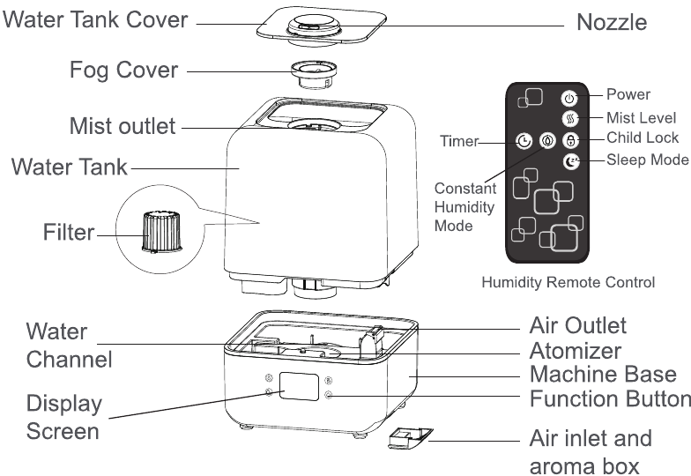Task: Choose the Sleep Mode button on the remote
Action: pyautogui.click(x=570, y=161)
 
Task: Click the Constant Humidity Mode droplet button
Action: pyautogui.click(x=547, y=140)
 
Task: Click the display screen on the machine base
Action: pyautogui.click(x=297, y=390)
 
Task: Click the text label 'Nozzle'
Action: pyautogui.click(x=611, y=22)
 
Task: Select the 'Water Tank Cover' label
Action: pyautogui.click(x=96, y=19)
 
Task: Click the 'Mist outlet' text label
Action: pyautogui.click(x=123, y=126)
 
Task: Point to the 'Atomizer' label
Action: pyautogui.click(x=575, y=350)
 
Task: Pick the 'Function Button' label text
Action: pyautogui.click(x=609, y=398)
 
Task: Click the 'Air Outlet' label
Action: pyautogui.click(x=577, y=325)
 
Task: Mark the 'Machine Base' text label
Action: pyautogui.click(x=603, y=374)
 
